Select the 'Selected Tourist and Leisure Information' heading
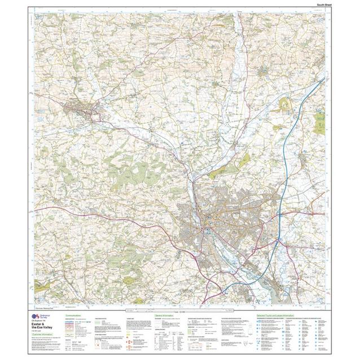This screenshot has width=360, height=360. (x=275, y=315)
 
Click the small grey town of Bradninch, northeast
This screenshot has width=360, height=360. (x=264, y=72)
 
